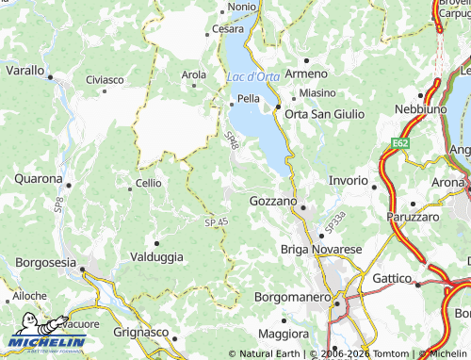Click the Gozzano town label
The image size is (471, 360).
(x=273, y=202)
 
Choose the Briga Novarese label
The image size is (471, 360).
(x=321, y=249)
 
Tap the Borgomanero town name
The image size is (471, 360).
(x=292, y=297)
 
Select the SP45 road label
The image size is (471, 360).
(x=216, y=221)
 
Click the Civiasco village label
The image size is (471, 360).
(x=105, y=80)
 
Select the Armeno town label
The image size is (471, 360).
(x=306, y=73)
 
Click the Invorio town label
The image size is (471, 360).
(x=348, y=180)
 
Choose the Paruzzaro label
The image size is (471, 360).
(x=413, y=217)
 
